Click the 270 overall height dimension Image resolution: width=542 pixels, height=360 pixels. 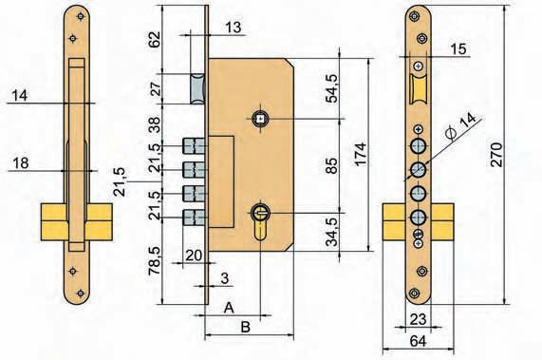pos(496,155)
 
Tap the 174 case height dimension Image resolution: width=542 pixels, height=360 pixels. pos(360,155)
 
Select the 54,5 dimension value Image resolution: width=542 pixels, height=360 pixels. pos(332,87)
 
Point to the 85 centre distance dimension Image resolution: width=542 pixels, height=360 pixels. pos(332,165)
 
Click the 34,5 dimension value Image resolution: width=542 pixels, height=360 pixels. pos(332,232)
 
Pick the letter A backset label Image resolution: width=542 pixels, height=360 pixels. pos(229,307)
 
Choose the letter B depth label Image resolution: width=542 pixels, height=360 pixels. pos(245,327)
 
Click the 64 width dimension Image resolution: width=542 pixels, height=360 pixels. pos(418,341)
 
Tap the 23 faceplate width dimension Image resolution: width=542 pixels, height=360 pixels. pos(418,319)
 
